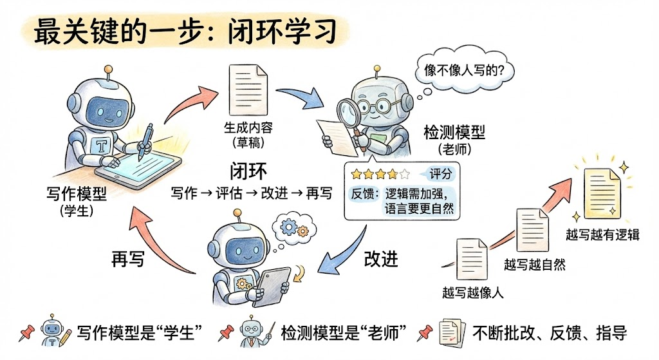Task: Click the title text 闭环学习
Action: point(283,31)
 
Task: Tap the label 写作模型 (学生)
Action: point(77,202)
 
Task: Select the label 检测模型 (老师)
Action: point(454,140)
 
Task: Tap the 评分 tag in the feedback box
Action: point(440,174)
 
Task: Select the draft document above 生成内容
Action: point(248,90)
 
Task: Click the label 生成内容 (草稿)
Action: point(248,135)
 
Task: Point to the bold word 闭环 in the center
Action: point(248,171)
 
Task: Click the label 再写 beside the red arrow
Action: point(128,259)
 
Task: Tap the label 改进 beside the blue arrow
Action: point(381,259)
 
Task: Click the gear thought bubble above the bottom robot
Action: point(294,229)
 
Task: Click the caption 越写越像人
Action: point(473,293)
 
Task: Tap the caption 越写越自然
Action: point(535,265)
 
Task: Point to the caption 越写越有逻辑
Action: point(602,234)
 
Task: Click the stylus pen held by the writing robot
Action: point(145,141)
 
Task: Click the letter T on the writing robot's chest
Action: point(101,146)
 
